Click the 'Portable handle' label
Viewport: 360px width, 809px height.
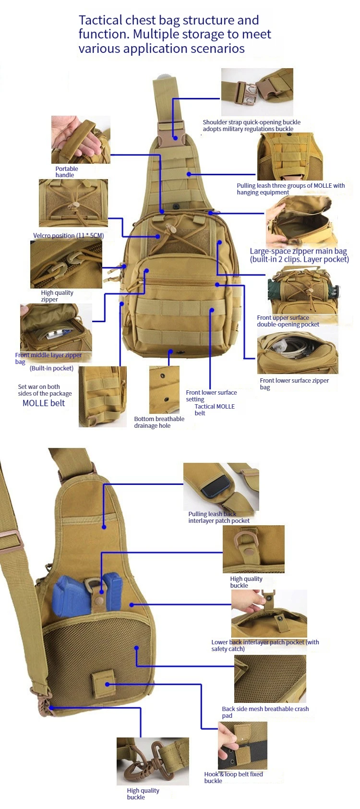66,172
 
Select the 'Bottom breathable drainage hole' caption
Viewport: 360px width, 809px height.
159,422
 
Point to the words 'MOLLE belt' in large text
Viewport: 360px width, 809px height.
44,403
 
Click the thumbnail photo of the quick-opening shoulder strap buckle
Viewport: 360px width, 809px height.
257,92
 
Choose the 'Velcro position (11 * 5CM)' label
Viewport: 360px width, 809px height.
68,235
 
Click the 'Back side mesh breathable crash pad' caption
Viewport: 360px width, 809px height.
265,712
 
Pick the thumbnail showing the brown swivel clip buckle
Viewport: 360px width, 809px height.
153,761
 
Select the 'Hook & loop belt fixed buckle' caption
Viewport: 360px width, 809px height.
233,778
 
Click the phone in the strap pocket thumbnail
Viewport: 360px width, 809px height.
216,485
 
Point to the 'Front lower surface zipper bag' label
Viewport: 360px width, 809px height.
294,384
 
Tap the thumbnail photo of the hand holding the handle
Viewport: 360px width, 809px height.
81,139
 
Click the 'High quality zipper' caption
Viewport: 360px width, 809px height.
57,296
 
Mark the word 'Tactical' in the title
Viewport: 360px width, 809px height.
102,20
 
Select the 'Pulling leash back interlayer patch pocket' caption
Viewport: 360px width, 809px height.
219,517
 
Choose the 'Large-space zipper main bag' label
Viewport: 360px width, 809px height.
298,251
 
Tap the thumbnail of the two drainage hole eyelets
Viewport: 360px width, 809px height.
164,390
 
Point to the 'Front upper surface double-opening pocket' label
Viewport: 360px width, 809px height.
288,321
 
